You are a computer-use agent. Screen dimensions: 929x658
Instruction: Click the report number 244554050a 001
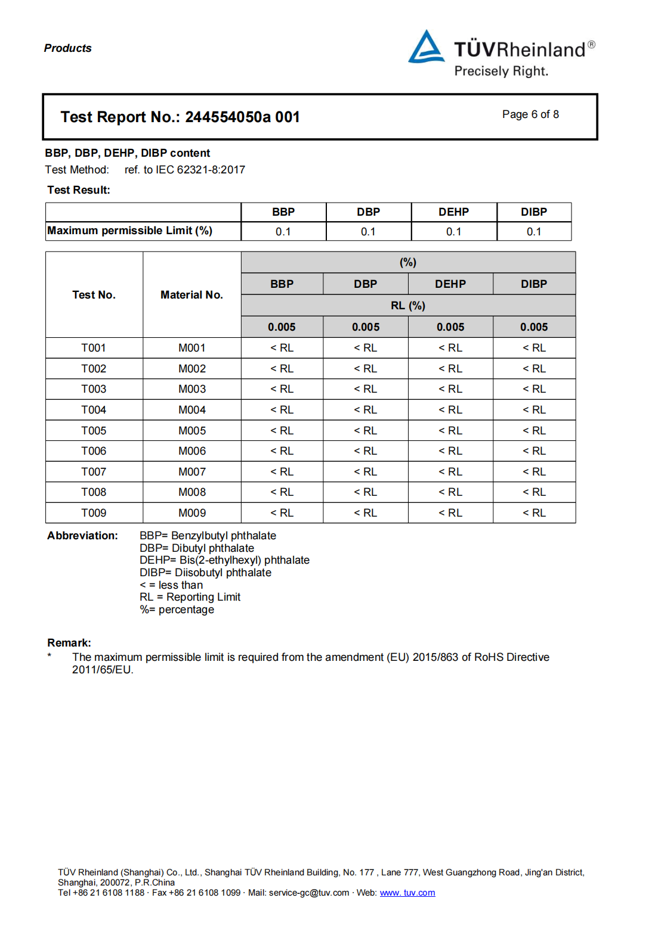[x=242, y=117]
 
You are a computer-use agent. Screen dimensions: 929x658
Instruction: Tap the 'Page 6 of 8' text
[x=530, y=114]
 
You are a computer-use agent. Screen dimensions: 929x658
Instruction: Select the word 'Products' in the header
[x=68, y=48]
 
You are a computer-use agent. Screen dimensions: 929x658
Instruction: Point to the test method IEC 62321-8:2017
[x=200, y=170]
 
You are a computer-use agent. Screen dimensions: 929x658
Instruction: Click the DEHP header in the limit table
[x=453, y=212]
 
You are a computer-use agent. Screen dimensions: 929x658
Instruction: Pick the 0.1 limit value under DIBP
[x=534, y=232]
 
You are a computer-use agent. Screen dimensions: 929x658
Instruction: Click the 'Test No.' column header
[x=94, y=295]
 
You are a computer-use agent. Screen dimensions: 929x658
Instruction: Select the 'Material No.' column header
[x=191, y=295]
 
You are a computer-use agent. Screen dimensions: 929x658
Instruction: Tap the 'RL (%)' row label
[x=408, y=306]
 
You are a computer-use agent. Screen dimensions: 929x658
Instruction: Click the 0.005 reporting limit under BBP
[x=282, y=327]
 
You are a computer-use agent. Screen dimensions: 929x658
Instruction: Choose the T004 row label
[x=94, y=410]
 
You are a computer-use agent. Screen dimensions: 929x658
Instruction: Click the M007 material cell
[x=192, y=472]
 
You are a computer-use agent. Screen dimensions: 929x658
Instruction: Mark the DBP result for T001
[x=366, y=348]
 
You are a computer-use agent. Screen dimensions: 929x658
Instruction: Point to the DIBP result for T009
[x=535, y=513]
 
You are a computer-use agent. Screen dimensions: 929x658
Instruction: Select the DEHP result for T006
[x=450, y=451]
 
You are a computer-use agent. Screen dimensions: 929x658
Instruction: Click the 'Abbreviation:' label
[x=82, y=536]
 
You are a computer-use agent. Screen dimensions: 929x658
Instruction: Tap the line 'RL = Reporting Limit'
[x=190, y=597]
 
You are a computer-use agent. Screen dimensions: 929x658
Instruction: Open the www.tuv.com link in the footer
[x=407, y=893]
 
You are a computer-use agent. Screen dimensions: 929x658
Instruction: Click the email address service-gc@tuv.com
[x=309, y=893]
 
